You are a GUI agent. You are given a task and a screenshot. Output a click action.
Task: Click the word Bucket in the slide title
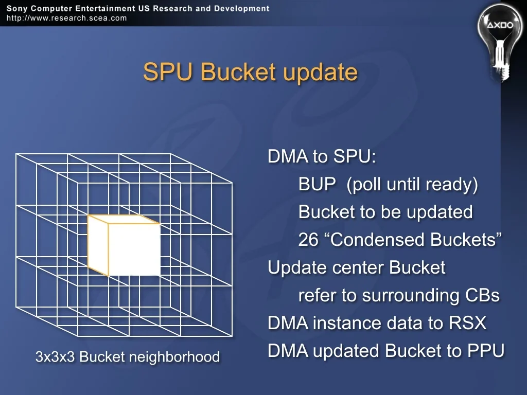[x=238, y=71]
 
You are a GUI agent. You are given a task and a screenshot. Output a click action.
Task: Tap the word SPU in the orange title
[x=168, y=71]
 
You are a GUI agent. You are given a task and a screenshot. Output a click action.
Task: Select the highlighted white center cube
[x=124, y=245]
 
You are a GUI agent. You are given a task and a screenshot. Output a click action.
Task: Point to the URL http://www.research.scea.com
[x=66, y=18]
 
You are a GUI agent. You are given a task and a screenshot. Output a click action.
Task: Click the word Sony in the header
[x=16, y=8]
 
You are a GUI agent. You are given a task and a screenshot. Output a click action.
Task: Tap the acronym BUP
[x=317, y=184]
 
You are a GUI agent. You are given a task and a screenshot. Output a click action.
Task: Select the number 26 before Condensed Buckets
[x=308, y=240]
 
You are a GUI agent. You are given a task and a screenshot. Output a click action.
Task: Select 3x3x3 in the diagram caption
[x=55, y=357]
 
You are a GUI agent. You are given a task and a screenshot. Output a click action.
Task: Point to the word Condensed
[x=378, y=240]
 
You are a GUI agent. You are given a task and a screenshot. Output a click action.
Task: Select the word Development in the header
[x=242, y=8]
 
